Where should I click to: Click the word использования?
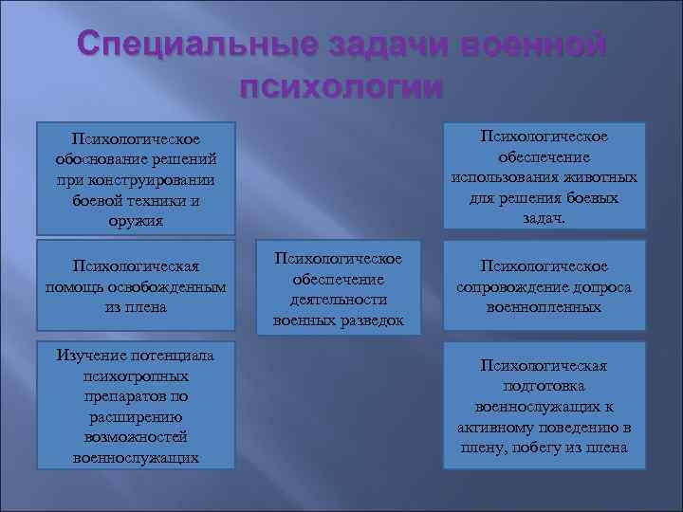[502, 177]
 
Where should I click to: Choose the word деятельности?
[339, 300]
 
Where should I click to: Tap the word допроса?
[605, 287]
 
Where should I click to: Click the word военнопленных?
[544, 308]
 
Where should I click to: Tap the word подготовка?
[544, 386]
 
